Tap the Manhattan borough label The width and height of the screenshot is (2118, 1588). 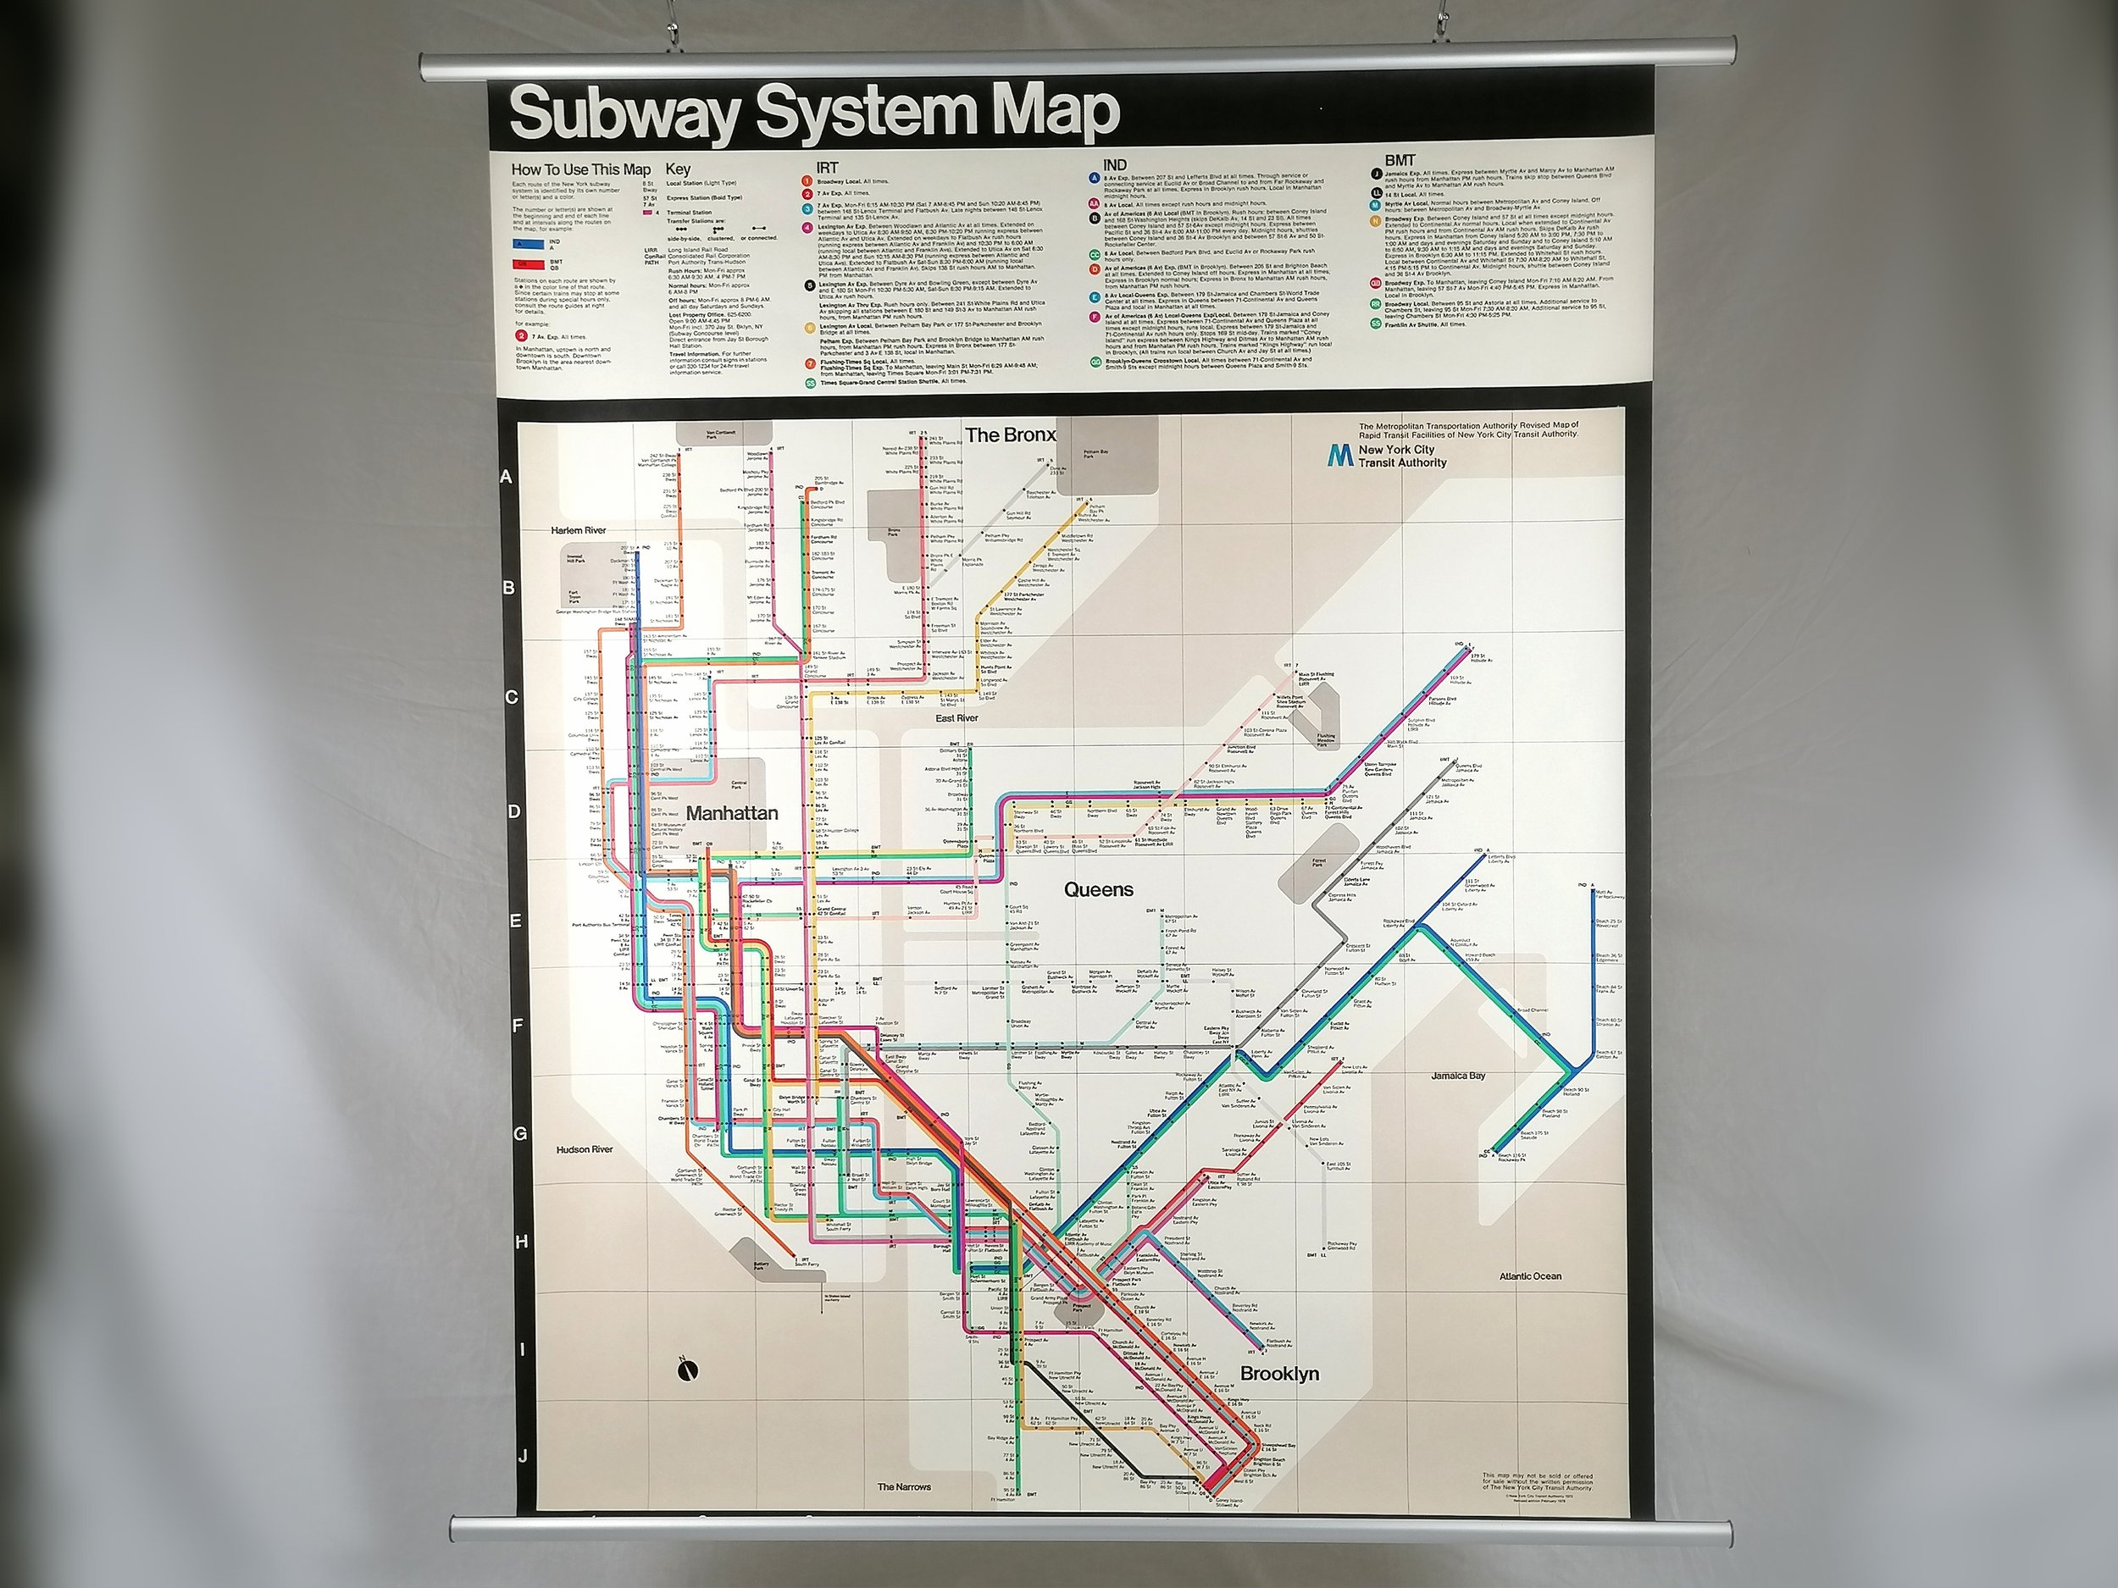[731, 814]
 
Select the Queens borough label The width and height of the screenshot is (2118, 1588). [1098, 890]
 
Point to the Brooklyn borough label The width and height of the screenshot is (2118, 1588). [1279, 1374]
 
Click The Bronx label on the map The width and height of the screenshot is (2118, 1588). [1010, 435]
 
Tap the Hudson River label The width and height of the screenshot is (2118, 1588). [584, 1149]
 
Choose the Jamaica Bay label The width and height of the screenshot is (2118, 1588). [1458, 1076]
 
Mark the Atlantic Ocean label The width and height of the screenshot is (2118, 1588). [1530, 1276]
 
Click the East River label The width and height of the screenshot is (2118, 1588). [956, 718]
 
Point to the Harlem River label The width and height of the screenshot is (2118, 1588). [579, 530]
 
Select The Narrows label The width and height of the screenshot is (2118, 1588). [904, 1486]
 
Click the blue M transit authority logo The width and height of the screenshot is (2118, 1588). [1339, 456]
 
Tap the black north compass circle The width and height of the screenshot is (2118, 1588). [686, 1370]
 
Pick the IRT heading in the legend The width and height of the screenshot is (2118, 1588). [826, 168]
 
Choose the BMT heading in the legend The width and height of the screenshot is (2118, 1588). [1399, 161]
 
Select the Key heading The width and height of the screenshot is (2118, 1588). [678, 169]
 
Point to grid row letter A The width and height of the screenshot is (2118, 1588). [507, 477]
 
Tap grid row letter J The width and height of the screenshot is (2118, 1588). [523, 1457]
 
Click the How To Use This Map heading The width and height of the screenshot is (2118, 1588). [580, 169]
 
